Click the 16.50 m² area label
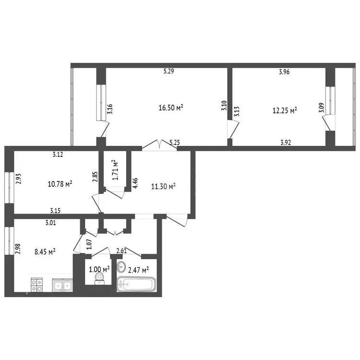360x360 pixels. [x=171, y=108]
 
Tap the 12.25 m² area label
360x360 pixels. [x=285, y=110]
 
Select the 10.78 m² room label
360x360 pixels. [x=60, y=184]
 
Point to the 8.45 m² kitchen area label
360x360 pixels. [x=45, y=252]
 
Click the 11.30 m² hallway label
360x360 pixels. [x=164, y=186]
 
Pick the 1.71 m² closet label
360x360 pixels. [x=116, y=170]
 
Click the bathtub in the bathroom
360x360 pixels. [x=136, y=284]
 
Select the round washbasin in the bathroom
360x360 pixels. [x=121, y=267]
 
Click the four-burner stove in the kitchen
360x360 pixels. [x=37, y=285]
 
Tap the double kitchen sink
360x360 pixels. [x=62, y=285]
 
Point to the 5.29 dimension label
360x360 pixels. [x=169, y=71]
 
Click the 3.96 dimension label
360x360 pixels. [x=284, y=72]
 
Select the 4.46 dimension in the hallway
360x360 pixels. [x=135, y=183]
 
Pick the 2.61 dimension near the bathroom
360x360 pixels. [x=121, y=251]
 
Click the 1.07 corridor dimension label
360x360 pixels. [x=89, y=244]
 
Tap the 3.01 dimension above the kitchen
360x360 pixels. [x=50, y=223]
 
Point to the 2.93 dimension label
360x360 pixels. [x=18, y=179]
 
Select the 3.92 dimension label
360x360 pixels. [x=286, y=143]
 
